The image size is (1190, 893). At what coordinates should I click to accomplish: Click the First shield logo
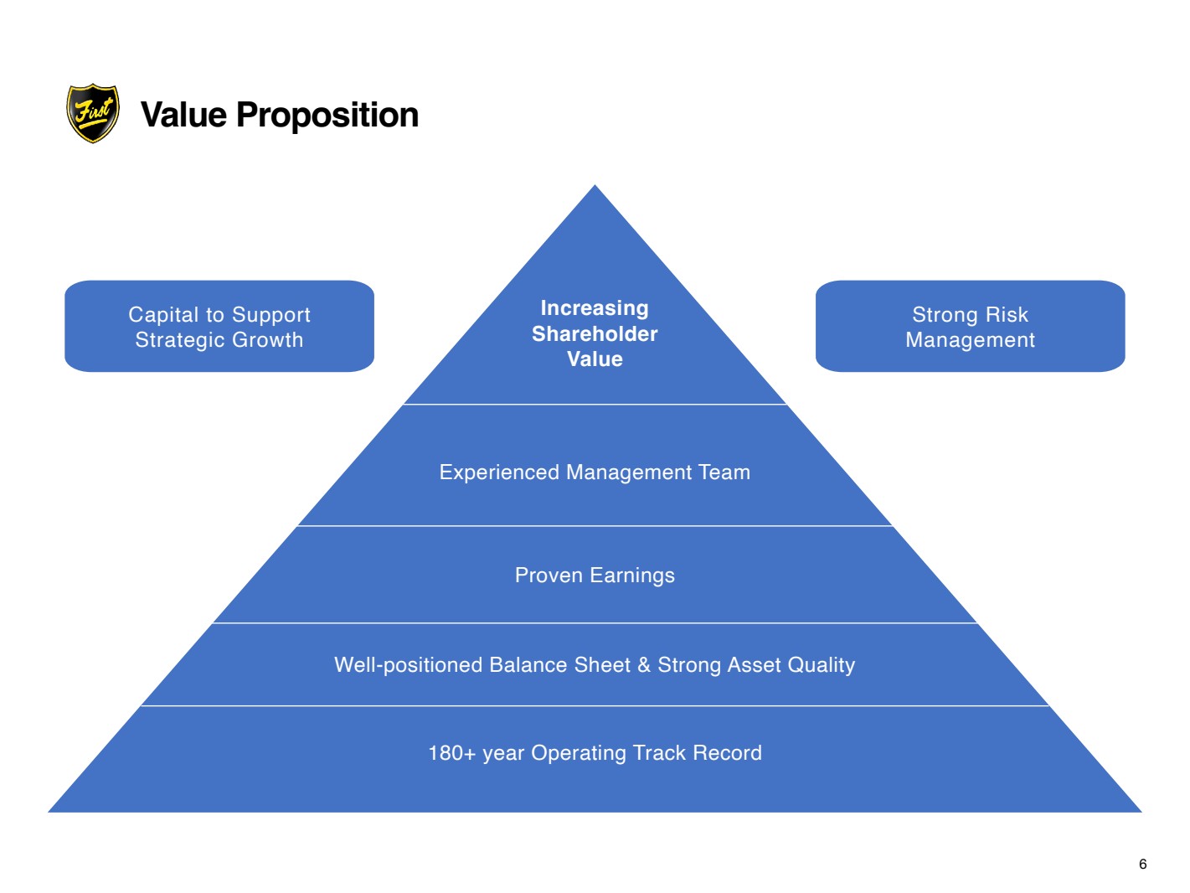point(93,113)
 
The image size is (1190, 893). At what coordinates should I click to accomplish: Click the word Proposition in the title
point(327,115)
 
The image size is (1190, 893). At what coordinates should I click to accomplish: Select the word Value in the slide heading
point(183,115)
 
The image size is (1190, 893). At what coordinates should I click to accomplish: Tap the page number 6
point(1143,864)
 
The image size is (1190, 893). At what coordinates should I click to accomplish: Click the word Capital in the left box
point(164,315)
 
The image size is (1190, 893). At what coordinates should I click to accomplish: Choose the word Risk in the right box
point(1007,314)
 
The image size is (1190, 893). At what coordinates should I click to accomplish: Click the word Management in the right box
point(970,340)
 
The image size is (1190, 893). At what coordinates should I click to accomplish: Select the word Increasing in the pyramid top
point(595,308)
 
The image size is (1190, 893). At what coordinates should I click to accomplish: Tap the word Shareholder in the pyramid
point(595,333)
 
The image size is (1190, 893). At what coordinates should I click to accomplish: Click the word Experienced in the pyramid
point(499,472)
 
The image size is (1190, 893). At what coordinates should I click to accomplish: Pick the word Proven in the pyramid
point(549,576)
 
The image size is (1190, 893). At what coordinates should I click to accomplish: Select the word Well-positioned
point(408,665)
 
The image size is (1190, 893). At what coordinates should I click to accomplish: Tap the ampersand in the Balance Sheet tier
point(644,665)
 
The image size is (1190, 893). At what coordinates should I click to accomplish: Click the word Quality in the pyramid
point(821,666)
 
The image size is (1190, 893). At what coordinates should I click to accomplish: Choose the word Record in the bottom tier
point(727,753)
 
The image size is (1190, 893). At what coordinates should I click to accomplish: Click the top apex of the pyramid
point(595,185)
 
